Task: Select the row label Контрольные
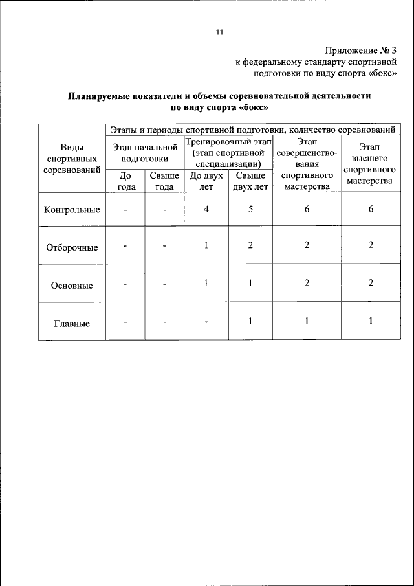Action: [72, 210]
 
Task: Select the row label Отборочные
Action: [72, 247]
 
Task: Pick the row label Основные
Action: [72, 285]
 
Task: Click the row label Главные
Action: [72, 323]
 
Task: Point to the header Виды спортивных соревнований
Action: [72, 159]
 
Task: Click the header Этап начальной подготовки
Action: [145, 152]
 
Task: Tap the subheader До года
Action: [127, 181]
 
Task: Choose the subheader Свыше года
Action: [164, 181]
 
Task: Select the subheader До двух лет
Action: [206, 181]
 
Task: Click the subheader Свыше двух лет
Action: [250, 181]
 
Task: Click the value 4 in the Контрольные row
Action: [206, 209]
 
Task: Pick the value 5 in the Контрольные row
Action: [250, 209]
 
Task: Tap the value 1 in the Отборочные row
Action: [206, 245]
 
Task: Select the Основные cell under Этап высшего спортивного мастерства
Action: [371, 284]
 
